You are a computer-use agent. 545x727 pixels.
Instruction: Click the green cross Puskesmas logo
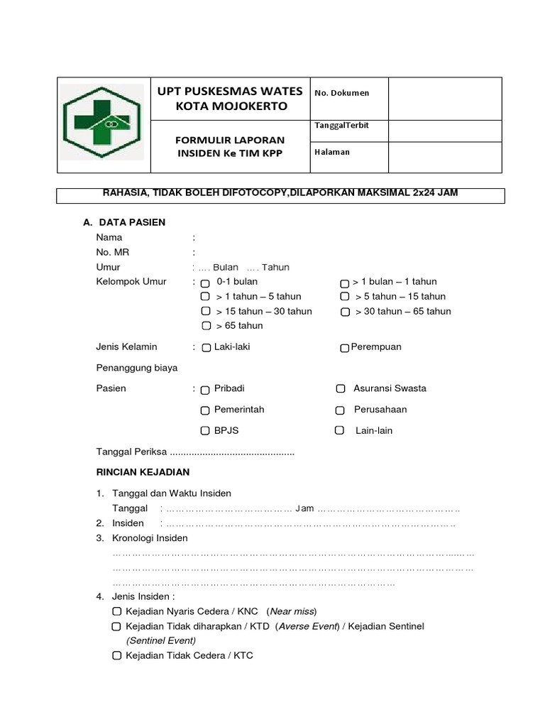coord(103,124)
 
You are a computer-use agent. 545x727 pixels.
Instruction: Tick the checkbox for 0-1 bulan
coord(205,283)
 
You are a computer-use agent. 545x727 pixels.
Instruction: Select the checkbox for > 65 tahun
coord(205,327)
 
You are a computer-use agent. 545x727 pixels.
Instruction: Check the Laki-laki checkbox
coord(206,348)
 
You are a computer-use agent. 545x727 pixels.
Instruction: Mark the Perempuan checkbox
coord(344,348)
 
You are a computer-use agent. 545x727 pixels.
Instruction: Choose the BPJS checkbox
coord(205,431)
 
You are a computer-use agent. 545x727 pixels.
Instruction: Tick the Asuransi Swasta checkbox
coord(341,388)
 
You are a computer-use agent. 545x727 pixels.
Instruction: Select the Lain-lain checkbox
coord(340,430)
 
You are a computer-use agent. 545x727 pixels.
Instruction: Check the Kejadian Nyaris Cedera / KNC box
coord(116,611)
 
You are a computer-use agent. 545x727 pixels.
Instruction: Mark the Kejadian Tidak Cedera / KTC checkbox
coord(116,655)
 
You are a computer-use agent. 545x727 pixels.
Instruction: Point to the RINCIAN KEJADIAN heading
coord(143,471)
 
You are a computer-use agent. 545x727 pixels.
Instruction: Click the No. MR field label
coord(112,252)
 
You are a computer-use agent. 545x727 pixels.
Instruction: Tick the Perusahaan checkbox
coord(341,410)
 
